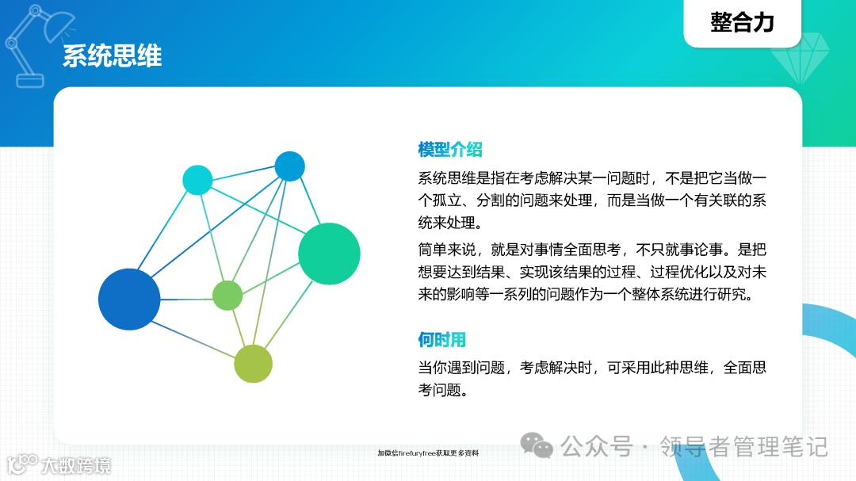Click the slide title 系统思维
click(x=112, y=56)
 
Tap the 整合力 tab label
click(x=742, y=22)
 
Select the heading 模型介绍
click(x=449, y=149)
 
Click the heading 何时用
click(x=441, y=340)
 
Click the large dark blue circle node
click(x=129, y=300)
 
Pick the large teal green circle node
click(x=329, y=254)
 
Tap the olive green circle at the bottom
click(x=253, y=364)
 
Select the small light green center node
click(x=227, y=296)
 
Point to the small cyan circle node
click(x=197, y=180)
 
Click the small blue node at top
click(x=289, y=166)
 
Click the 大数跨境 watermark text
click(x=76, y=464)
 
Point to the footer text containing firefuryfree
click(x=427, y=453)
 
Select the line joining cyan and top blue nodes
click(x=243, y=173)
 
